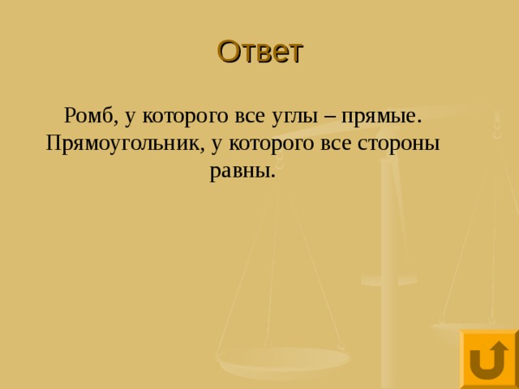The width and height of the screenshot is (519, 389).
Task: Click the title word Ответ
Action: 259,52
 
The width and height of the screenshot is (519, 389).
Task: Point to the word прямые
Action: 380,117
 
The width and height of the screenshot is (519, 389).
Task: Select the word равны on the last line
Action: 243,172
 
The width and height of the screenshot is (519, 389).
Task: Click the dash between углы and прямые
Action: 332,117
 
